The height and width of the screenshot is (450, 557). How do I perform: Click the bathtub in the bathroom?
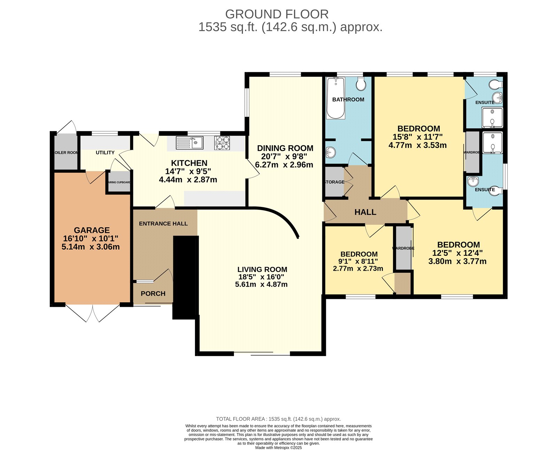pyautogui.click(x=336, y=98)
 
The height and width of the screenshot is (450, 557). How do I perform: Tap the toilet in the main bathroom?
pyautogui.click(x=361, y=84)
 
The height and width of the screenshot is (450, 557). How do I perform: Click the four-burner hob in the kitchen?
pyautogui.click(x=222, y=143)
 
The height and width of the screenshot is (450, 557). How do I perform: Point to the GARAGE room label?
pyautogui.click(x=92, y=230)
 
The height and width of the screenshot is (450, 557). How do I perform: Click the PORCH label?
pyautogui.click(x=153, y=294)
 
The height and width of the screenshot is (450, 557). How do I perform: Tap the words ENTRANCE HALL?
pyautogui.click(x=163, y=224)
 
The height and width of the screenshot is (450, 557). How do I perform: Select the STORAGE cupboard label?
pyautogui.click(x=335, y=182)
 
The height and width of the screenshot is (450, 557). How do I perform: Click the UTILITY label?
pyautogui.click(x=105, y=153)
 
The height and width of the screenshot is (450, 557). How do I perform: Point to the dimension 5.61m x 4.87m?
pyautogui.click(x=261, y=284)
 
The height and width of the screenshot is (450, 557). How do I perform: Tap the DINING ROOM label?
pyautogui.click(x=285, y=148)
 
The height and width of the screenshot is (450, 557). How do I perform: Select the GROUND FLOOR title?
pyautogui.click(x=277, y=14)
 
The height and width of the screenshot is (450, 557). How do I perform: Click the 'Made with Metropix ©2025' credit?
pyautogui.click(x=278, y=448)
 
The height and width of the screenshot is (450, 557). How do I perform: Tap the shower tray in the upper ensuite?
pyautogui.click(x=492, y=117)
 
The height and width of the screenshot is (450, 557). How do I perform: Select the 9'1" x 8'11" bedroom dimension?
pyautogui.click(x=358, y=261)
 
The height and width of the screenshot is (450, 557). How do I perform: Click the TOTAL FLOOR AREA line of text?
pyautogui.click(x=278, y=419)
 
